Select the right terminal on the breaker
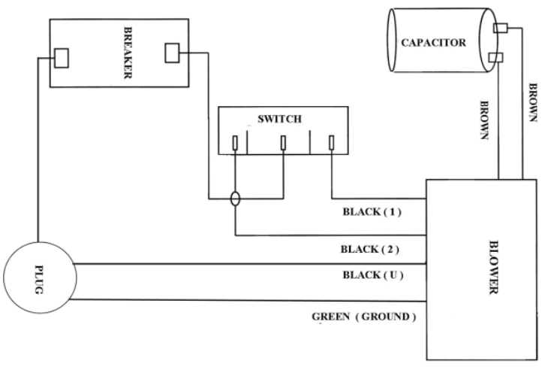point(172,53)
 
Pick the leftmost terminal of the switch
point(236,142)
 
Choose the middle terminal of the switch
point(283,142)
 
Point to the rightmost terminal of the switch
point(332,142)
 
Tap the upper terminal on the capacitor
point(499,29)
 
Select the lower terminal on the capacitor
point(495,58)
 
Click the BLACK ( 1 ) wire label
point(372,212)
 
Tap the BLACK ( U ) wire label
point(373,274)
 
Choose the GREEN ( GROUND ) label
point(363,317)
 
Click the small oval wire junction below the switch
point(236,199)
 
